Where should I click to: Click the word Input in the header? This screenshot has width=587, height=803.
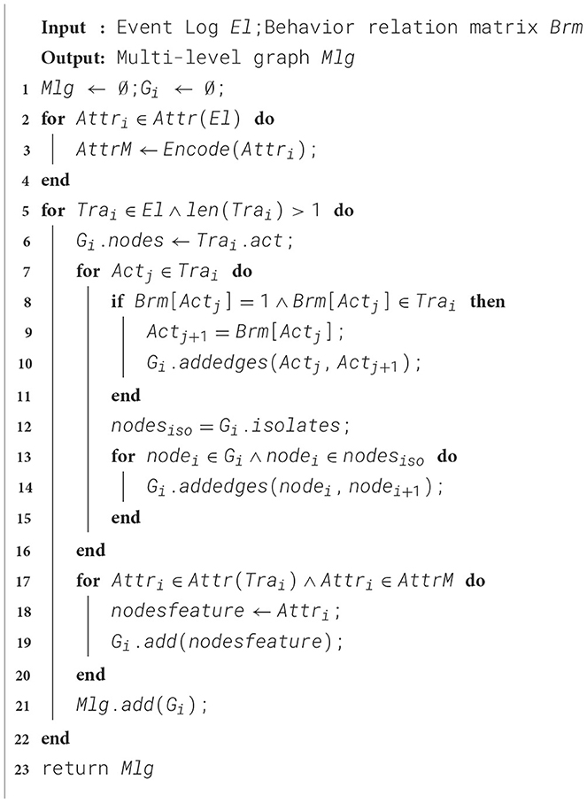63,27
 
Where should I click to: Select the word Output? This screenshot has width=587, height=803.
67,58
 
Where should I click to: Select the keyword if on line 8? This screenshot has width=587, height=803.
117,302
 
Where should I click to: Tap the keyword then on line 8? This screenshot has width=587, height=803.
488,302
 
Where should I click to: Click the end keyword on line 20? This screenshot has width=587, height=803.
90,675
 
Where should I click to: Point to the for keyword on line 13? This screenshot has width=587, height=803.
123,457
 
